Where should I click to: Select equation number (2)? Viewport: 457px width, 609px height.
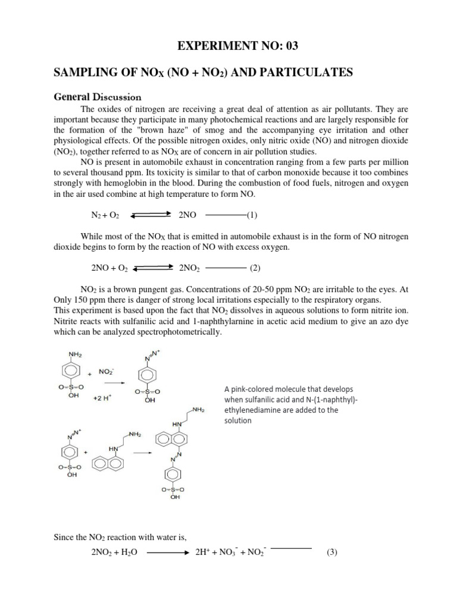pyautogui.click(x=255, y=268)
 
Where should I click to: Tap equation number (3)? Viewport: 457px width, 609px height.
pyautogui.click(x=332, y=552)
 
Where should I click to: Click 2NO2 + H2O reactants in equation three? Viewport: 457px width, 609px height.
pyautogui.click(x=114, y=552)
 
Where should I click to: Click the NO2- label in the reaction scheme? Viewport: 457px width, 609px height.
pyautogui.click(x=106, y=371)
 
